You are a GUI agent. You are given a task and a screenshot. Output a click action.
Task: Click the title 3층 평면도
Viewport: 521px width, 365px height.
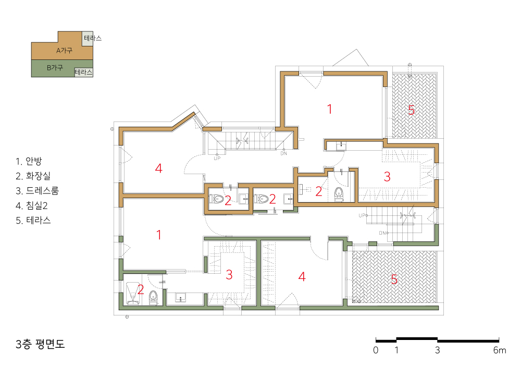click(x=40, y=344)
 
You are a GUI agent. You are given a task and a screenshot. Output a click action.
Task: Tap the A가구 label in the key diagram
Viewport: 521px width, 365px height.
click(x=64, y=51)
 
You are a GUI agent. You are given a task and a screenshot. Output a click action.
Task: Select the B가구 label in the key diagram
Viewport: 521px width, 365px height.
click(x=55, y=68)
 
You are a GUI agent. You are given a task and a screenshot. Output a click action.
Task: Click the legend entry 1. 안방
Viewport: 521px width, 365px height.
click(x=29, y=161)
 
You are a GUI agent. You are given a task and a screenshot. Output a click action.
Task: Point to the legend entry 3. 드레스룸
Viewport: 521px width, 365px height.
click(x=37, y=191)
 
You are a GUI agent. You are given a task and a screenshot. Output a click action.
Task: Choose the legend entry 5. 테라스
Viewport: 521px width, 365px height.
click(x=33, y=221)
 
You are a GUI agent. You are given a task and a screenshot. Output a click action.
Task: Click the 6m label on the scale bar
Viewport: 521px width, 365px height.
click(x=500, y=350)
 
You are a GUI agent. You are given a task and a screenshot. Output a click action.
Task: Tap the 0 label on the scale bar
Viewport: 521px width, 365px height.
click(x=376, y=350)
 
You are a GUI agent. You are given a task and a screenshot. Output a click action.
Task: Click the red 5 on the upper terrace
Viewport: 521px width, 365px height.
click(x=412, y=110)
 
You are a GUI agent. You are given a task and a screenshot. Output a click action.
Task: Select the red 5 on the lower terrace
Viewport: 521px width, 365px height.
click(x=394, y=279)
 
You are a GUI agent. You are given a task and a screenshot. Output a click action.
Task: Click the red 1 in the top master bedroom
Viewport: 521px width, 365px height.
click(x=330, y=109)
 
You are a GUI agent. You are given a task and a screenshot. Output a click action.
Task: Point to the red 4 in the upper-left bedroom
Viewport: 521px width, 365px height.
click(x=159, y=168)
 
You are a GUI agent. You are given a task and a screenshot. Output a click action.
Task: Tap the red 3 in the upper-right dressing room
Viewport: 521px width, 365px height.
click(x=387, y=177)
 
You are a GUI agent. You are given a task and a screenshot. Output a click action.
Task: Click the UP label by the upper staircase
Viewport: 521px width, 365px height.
click(x=217, y=158)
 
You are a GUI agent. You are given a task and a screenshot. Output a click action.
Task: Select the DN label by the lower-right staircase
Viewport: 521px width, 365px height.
click(x=383, y=233)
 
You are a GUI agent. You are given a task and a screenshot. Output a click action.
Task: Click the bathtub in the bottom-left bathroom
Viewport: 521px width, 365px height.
click(x=133, y=294)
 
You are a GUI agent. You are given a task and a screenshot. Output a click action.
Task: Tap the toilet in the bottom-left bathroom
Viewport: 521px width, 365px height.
click(x=153, y=297)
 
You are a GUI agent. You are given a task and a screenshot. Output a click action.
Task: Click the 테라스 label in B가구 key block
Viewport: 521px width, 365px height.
click(x=83, y=72)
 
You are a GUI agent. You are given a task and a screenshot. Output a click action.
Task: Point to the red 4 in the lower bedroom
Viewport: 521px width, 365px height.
click(x=302, y=276)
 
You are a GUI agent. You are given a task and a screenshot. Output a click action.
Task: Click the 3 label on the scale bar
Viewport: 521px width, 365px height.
click(x=437, y=350)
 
